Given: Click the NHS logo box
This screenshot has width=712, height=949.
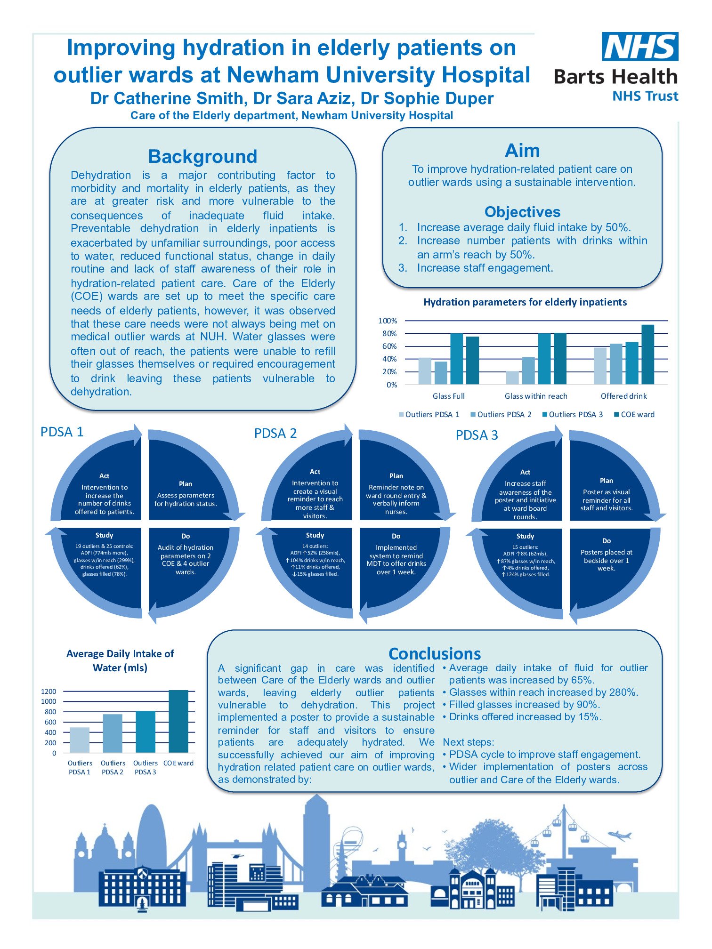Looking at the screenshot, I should [640, 47].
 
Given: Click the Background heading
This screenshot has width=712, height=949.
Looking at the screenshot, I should [202, 156].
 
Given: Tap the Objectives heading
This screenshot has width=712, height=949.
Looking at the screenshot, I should [522, 212].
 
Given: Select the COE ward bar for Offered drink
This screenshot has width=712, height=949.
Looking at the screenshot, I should [647, 354].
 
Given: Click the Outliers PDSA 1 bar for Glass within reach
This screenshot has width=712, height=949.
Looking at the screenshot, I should [512, 378].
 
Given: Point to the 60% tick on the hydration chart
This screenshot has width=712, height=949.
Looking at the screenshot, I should [389, 346].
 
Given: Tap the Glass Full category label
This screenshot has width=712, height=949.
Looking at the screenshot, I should [448, 396].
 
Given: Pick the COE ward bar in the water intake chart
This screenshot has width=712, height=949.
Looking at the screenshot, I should [178, 721].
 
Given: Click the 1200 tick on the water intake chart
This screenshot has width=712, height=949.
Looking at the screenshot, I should [49, 692].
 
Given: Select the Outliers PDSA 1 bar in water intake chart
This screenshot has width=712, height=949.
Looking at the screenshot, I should [80, 740].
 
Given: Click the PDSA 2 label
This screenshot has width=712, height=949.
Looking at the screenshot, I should [275, 434].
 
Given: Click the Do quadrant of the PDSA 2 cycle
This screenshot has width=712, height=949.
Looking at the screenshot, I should [396, 560].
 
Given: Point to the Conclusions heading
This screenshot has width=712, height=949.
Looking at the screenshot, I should [435, 654].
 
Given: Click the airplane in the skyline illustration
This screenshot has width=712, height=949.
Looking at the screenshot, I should [619, 836].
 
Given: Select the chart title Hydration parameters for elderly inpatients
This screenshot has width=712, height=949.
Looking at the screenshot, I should [525, 302].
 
